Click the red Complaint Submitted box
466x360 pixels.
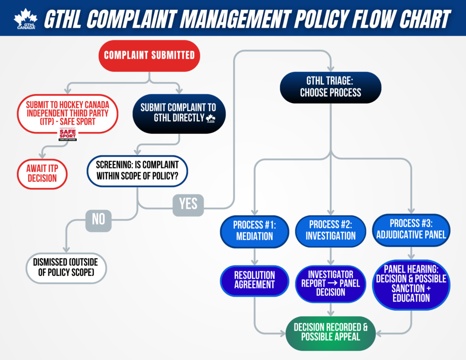[149, 56]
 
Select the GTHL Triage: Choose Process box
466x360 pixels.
[330, 86]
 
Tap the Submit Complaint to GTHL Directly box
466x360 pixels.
[178, 113]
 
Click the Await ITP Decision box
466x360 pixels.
[42, 172]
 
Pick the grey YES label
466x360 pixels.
[188, 204]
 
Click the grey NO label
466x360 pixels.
[98, 219]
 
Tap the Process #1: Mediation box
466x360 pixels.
[254, 230]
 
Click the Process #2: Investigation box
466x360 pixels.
[330, 230]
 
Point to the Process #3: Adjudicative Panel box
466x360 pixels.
[410, 229]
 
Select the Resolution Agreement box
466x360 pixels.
[254, 280]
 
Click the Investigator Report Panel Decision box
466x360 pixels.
[330, 283]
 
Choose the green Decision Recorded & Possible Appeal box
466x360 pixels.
[330, 332]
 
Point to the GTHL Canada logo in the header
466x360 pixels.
[25, 19]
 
